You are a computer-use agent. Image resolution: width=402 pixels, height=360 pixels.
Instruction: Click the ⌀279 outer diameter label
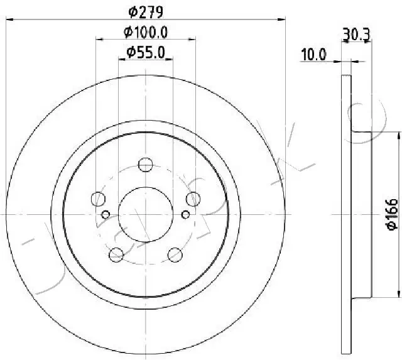click(145, 10)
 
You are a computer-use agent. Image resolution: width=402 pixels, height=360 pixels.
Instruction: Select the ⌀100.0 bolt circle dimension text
click(146, 31)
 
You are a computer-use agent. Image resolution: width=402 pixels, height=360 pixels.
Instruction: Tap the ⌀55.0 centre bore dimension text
click(146, 53)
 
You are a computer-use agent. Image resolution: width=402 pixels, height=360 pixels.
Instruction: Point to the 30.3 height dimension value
click(356, 36)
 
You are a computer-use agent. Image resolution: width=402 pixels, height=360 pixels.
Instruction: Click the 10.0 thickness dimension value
click(313, 55)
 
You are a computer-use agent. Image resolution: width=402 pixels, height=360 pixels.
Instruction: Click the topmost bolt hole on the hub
click(146, 165)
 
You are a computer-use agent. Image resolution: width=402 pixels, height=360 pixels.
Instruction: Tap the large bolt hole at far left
click(99, 200)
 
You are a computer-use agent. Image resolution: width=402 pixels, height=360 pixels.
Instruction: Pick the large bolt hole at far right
click(193, 200)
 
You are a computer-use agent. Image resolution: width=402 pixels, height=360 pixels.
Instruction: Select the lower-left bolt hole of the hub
click(116, 254)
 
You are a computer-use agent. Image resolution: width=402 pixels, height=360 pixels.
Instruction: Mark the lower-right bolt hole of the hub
click(175, 254)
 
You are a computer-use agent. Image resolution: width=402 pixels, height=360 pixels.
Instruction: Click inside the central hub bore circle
click(146, 214)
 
